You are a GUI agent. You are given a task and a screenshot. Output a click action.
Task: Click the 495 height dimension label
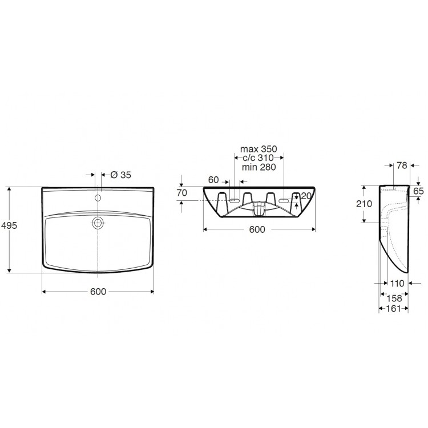9,225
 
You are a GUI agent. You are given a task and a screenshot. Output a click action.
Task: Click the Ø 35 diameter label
121,175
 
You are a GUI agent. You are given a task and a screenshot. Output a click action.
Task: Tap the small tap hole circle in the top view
98,198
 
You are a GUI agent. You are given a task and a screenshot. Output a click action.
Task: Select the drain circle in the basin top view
98,223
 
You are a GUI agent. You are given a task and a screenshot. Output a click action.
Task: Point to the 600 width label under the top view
98,292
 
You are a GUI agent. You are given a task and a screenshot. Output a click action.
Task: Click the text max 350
259,149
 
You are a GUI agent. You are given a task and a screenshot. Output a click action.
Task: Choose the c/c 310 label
258,158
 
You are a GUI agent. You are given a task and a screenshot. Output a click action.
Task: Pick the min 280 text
259,167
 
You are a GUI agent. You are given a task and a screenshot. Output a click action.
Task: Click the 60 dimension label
213,180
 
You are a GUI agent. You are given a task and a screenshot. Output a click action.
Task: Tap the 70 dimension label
182,193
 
